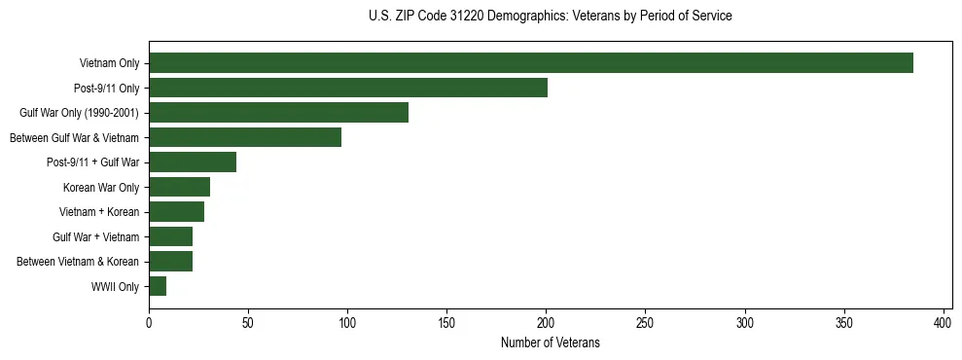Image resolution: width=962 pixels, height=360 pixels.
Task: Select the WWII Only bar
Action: (158, 286)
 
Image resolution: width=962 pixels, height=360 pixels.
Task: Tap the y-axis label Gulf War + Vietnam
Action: (96, 236)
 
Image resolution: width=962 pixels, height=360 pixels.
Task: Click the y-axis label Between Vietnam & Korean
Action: (79, 262)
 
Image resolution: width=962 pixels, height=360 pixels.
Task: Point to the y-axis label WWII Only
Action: (115, 286)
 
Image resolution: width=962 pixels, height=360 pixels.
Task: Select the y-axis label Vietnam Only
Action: (109, 63)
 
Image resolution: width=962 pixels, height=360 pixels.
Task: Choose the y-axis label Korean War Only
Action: (101, 187)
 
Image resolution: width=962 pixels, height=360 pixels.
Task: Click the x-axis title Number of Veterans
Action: (550, 343)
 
